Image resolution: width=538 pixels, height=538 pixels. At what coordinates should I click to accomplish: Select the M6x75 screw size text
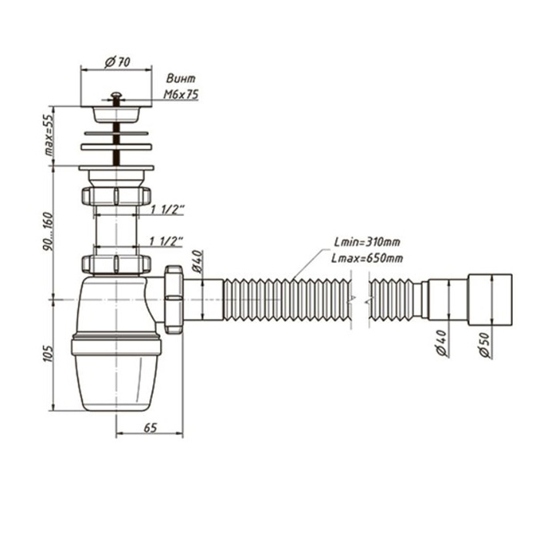click(181, 93)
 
